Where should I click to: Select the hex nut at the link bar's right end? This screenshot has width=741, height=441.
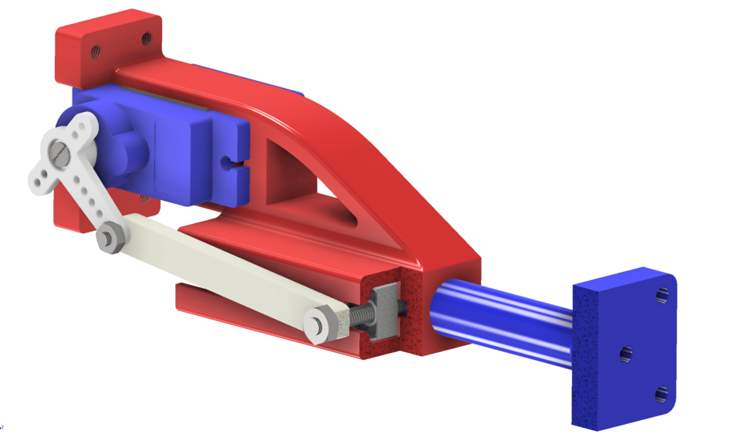pyautogui.click(x=319, y=323)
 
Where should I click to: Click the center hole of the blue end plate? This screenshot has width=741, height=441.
pyautogui.click(x=625, y=354)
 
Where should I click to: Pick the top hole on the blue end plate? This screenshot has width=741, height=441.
pyautogui.click(x=663, y=295)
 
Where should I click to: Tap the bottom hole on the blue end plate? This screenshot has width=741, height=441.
pyautogui.click(x=661, y=395)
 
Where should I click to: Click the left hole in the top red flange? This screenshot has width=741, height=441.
pyautogui.click(x=95, y=53)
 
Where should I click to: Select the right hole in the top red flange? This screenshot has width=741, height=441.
pyautogui.click(x=144, y=36)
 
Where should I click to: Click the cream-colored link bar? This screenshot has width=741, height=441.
pyautogui.click(x=216, y=270)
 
